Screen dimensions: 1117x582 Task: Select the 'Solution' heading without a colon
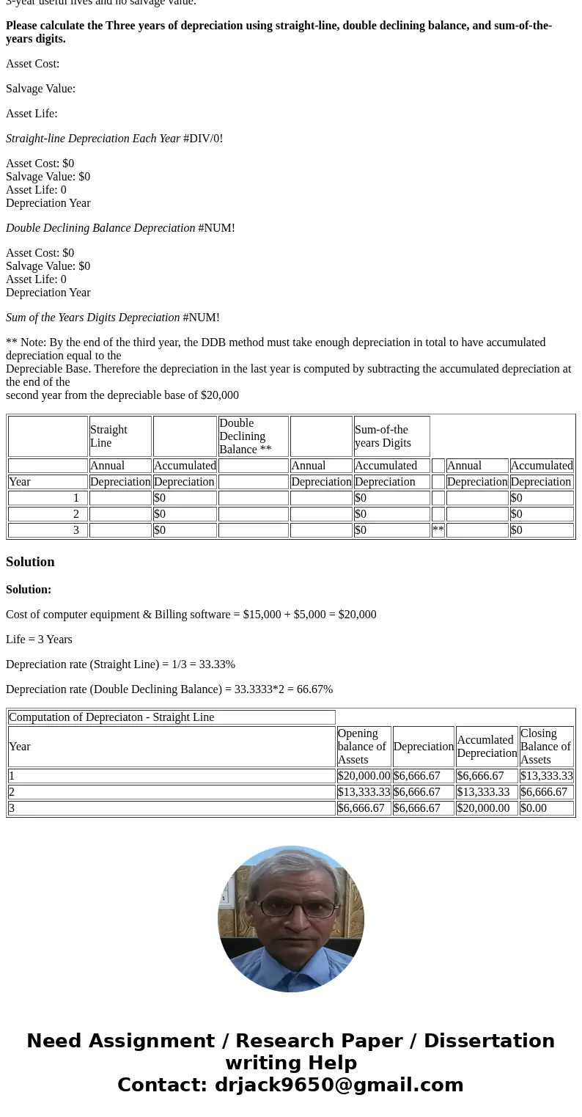pos(30,562)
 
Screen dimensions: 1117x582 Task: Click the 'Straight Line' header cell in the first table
pos(119,436)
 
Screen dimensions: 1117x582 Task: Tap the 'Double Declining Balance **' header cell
pos(253,436)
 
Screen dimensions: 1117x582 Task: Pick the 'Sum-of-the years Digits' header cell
pos(391,436)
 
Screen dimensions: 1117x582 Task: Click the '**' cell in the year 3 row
pos(438,530)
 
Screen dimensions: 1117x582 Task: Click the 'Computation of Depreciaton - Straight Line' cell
pos(172,717)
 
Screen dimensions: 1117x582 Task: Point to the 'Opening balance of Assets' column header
pos(364,747)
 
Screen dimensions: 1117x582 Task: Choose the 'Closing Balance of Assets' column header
pos(546,747)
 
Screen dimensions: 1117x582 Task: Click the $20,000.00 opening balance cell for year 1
pos(364,776)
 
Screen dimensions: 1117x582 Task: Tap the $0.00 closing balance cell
pos(534,808)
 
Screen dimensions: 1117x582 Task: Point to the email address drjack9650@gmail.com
pos(339,1085)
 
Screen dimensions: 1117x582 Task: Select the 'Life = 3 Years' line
pos(39,640)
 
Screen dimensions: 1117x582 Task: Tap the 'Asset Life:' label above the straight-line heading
pos(32,114)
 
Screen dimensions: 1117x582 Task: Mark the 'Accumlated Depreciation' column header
pos(487,747)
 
